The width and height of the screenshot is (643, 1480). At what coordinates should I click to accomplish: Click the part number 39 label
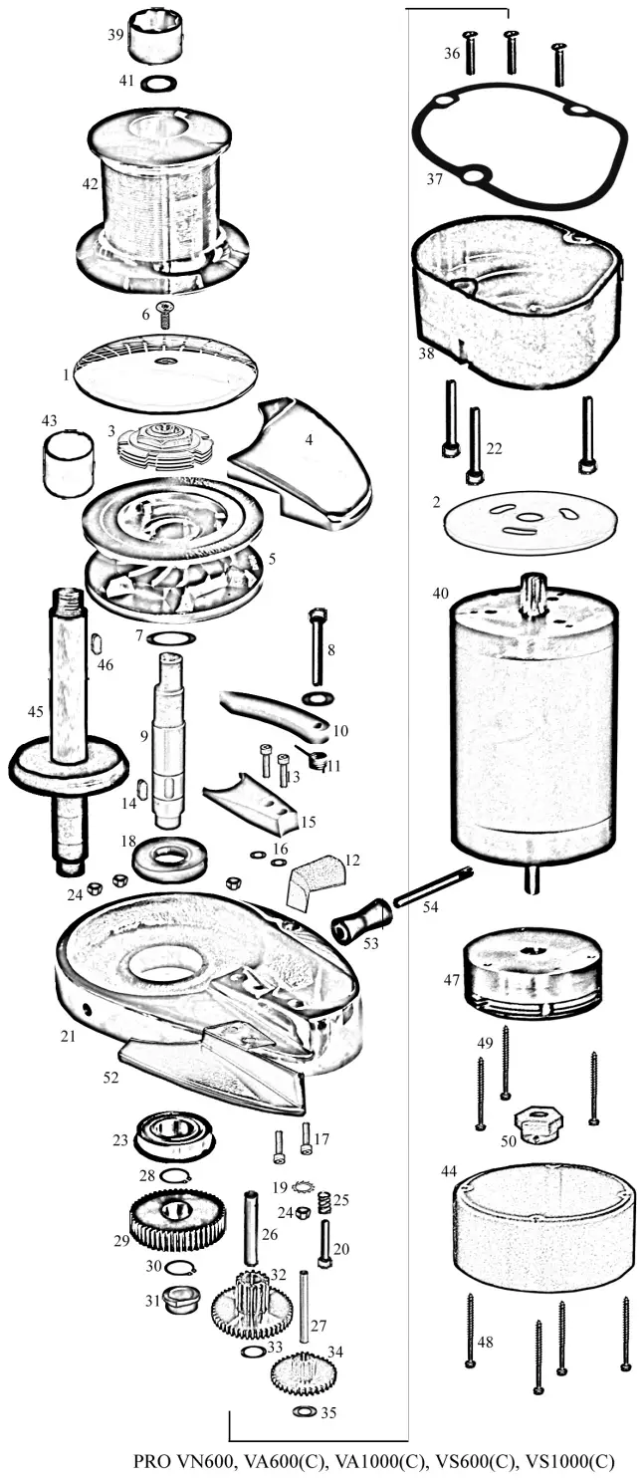click(115, 34)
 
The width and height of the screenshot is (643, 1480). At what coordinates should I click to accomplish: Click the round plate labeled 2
click(529, 520)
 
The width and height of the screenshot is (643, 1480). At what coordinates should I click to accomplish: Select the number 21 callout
click(68, 1036)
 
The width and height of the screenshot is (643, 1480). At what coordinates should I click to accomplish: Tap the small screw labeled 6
click(165, 312)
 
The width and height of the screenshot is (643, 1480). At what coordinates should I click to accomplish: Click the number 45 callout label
click(35, 711)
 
